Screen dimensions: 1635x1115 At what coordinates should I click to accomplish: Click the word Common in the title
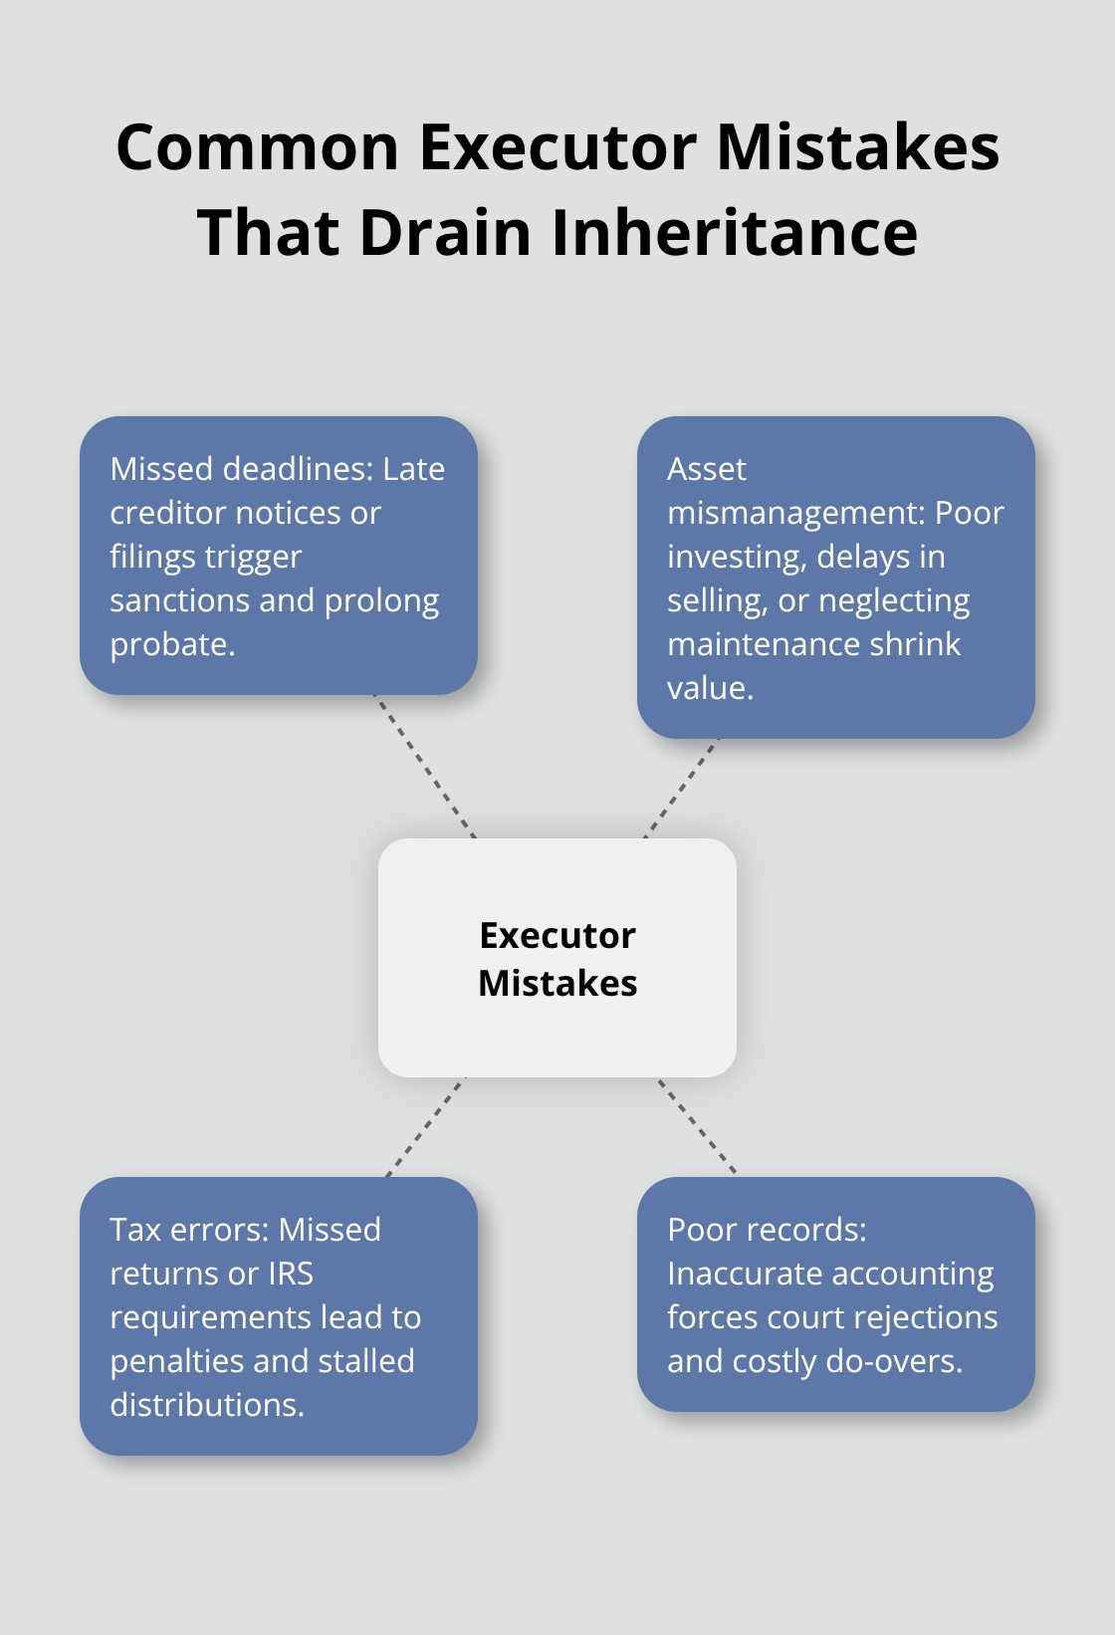tap(258, 147)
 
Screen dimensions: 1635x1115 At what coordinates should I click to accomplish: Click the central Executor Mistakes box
tap(557, 958)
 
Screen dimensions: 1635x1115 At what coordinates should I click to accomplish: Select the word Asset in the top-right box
tap(707, 469)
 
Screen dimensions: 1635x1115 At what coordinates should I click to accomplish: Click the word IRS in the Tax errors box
tap(291, 1274)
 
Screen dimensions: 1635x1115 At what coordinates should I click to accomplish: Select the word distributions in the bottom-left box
tap(204, 1405)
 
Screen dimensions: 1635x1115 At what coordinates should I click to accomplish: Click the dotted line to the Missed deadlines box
tap(425, 767)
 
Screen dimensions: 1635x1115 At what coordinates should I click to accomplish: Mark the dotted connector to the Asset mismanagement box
tap(681, 788)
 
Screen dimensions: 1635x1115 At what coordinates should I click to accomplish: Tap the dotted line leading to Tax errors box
tap(425, 1127)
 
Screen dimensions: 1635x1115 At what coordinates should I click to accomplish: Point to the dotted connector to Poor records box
tap(697, 1126)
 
